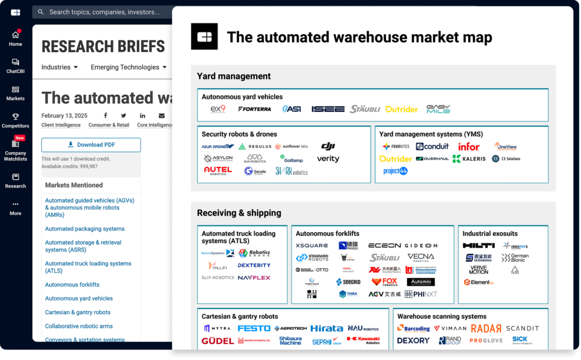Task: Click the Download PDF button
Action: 91,145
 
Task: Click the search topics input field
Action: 108,12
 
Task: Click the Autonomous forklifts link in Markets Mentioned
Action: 72,284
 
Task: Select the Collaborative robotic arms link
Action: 79,326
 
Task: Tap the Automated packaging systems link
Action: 85,229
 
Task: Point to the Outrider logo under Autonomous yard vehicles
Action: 401,109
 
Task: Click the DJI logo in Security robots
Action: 328,146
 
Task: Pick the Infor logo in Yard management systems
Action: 469,146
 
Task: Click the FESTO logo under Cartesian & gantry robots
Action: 254,328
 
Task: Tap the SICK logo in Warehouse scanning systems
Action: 519,340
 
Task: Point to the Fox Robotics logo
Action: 385,282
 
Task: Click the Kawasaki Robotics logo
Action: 363,340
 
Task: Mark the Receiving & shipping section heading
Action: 239,213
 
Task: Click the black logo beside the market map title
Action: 204,37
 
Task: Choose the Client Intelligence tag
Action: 61,125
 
